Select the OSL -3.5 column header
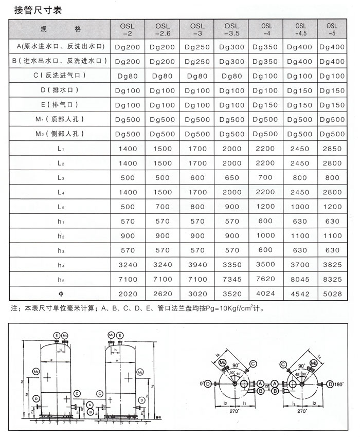point(232,30)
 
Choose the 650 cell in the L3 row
point(232,177)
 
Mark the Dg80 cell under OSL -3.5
point(232,76)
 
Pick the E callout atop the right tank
point(119,335)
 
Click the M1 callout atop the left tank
point(65,335)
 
